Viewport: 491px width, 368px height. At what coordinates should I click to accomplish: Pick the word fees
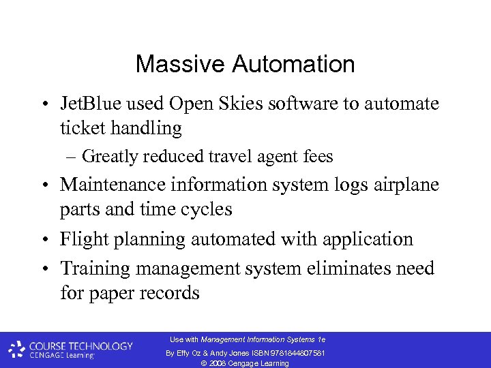pyautogui.click(x=318, y=157)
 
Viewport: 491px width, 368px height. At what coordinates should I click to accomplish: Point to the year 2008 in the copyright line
pyautogui.click(x=218, y=363)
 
